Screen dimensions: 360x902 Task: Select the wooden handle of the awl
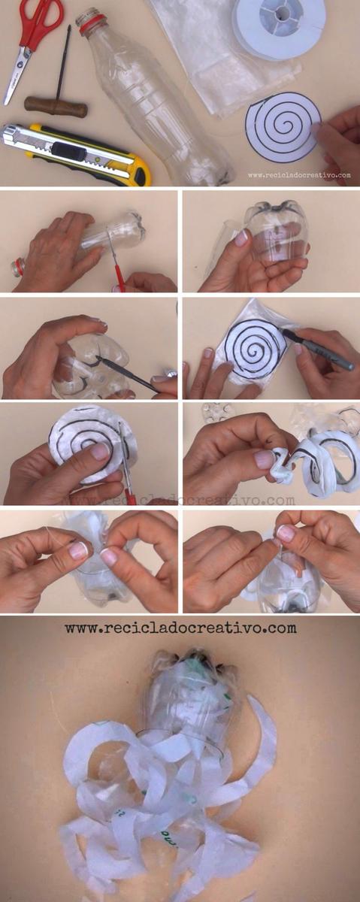(56, 107)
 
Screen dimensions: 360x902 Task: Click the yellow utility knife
(77, 155)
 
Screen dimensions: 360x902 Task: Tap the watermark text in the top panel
(299, 176)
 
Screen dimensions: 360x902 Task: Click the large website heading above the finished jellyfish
(181, 628)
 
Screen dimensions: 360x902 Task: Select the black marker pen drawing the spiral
(317, 349)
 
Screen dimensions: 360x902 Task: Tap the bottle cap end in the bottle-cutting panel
(17, 268)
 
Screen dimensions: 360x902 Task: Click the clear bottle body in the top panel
(157, 101)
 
